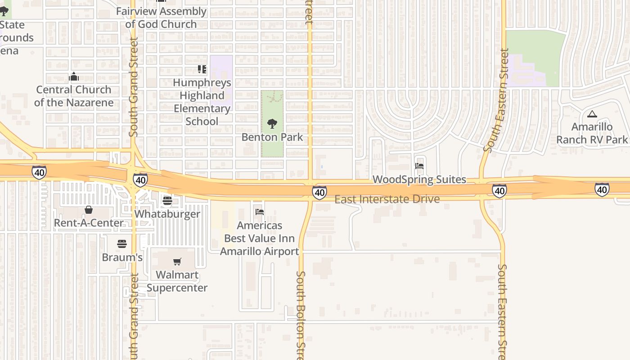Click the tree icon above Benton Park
(272, 123)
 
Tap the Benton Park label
(272, 137)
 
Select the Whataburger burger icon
(167, 200)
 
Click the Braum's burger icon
(122, 244)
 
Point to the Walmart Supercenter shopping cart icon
(177, 261)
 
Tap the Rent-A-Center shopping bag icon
(89, 210)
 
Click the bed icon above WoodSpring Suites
(419, 166)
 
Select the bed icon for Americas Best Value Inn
(260, 212)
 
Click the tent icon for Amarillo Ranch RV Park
(592, 114)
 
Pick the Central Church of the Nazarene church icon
(74, 77)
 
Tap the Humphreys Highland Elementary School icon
(202, 69)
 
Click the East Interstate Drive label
(387, 199)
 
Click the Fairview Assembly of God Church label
(161, 18)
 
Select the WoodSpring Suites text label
(419, 180)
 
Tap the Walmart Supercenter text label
(177, 281)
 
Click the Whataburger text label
(167, 214)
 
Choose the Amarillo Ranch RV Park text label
(592, 133)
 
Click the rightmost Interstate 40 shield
(602, 189)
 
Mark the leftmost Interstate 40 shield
(39, 172)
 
